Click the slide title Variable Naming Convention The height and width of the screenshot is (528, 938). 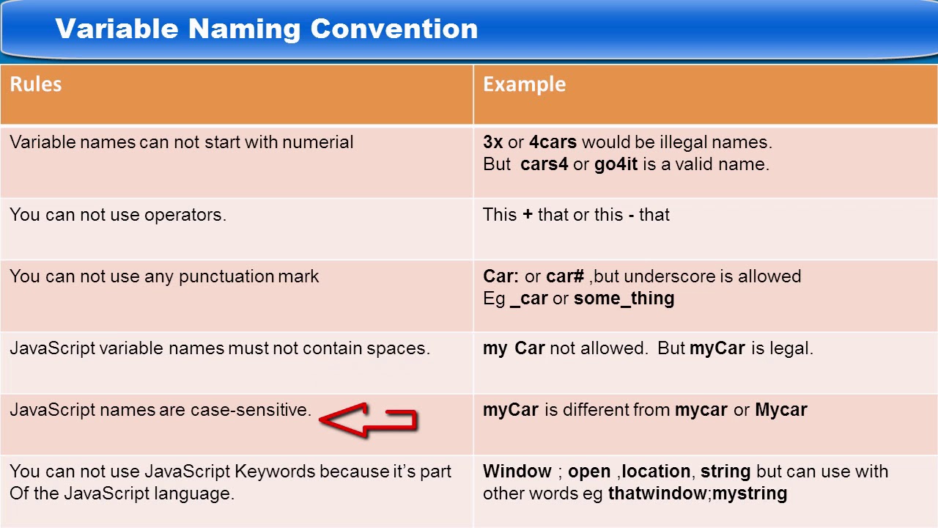[x=266, y=29]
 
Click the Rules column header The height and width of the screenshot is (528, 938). [x=35, y=84]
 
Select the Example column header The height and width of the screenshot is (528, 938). [x=524, y=84]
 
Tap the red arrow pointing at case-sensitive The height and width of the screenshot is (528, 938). [x=368, y=420]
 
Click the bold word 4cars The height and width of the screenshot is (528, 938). [x=553, y=142]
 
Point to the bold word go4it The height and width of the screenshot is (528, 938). [x=616, y=164]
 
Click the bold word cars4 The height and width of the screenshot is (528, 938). [x=544, y=164]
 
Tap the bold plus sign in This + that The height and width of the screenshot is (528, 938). [x=528, y=215]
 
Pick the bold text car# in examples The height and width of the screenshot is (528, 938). [x=565, y=276]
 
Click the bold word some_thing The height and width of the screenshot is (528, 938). [x=624, y=298]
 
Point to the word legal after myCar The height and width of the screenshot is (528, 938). [x=791, y=348]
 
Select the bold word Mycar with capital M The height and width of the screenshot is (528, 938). [x=780, y=410]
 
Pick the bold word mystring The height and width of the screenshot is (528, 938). [x=749, y=494]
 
